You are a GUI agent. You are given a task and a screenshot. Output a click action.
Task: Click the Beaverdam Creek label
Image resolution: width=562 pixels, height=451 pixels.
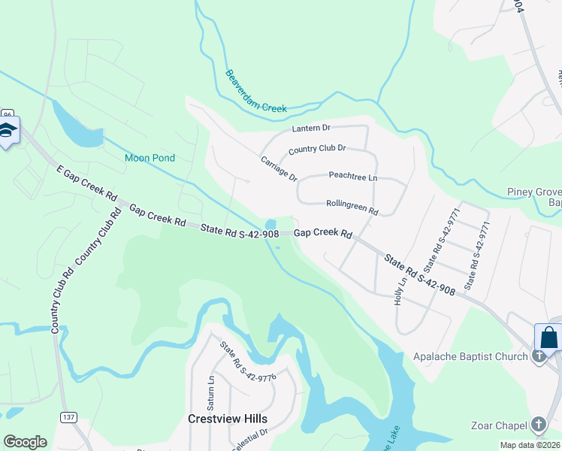(x=255, y=92)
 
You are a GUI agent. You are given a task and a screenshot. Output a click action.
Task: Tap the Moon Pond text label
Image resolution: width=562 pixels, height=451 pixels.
(x=150, y=158)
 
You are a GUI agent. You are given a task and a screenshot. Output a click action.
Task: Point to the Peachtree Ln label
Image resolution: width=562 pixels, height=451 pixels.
(x=352, y=177)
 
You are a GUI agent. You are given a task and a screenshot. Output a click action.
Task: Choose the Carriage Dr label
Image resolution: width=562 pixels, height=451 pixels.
(x=279, y=168)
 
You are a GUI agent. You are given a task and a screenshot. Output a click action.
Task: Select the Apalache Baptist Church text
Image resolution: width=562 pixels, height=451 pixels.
(x=470, y=356)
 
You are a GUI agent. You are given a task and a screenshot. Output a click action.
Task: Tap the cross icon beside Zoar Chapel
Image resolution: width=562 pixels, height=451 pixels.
(x=538, y=425)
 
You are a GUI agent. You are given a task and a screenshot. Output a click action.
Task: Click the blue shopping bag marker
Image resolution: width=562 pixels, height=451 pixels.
(x=548, y=337)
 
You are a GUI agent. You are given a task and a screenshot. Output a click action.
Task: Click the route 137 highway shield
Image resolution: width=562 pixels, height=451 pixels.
(x=69, y=417)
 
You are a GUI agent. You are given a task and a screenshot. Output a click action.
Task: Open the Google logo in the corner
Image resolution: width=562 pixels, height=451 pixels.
(x=25, y=442)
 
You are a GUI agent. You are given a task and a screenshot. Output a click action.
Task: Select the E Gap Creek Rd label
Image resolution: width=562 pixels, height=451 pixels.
(x=88, y=184)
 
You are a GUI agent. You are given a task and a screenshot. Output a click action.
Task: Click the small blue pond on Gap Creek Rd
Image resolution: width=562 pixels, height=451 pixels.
(x=270, y=225)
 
